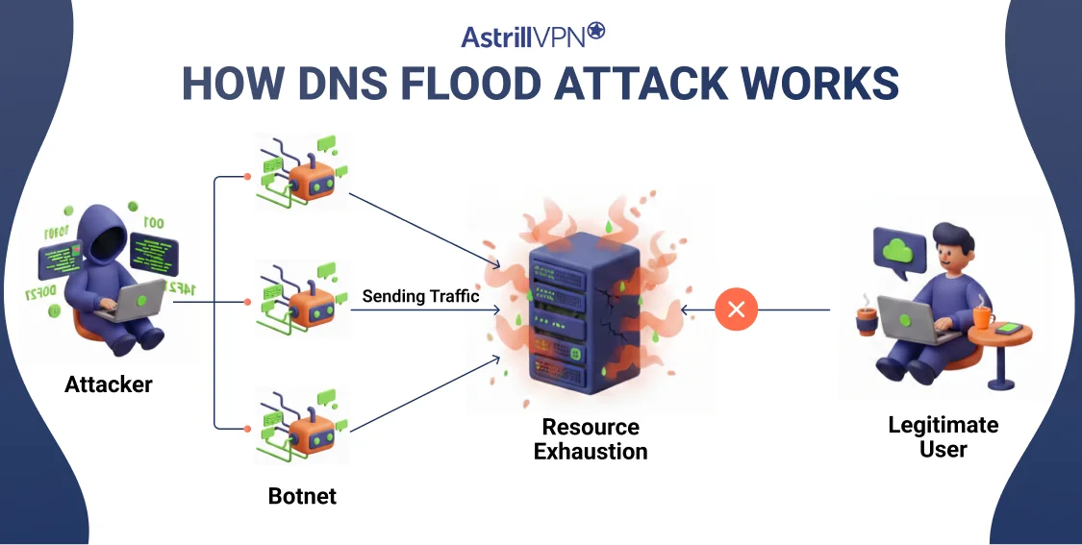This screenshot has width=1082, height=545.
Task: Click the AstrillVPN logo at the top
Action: coord(533,37)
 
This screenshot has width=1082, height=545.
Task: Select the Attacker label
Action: coord(109,385)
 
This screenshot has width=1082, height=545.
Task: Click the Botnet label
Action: coord(302,497)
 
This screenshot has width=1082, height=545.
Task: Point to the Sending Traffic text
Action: coord(420,297)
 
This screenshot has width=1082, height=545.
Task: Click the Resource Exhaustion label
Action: coord(591,438)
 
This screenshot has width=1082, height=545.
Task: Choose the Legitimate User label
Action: coord(929,436)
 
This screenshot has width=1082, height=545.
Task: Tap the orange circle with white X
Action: coord(737,310)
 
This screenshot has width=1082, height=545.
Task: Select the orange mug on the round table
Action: coord(982,316)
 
